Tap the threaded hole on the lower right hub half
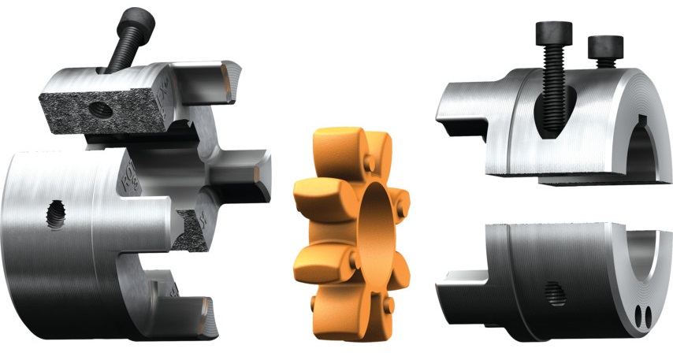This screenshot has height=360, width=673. tap(558, 295)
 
